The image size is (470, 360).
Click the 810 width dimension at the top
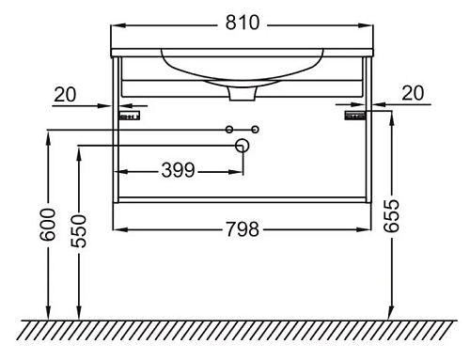[243, 23]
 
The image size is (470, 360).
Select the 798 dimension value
[243, 229]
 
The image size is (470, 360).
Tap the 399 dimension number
[178, 170]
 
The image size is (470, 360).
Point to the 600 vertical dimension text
[48, 225]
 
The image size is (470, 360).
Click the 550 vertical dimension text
[78, 230]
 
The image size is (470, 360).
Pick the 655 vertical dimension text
[391, 215]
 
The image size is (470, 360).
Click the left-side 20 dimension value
[65, 94]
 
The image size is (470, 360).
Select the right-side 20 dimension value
[413, 93]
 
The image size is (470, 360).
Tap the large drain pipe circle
[242, 146]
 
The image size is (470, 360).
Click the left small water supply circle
[229, 130]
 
